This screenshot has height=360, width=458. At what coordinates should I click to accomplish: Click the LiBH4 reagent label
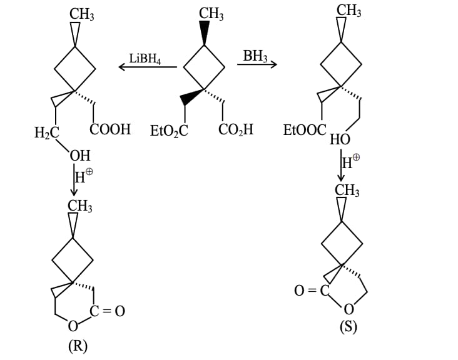click(145, 59)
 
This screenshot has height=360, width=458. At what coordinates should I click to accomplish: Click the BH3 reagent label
click(255, 56)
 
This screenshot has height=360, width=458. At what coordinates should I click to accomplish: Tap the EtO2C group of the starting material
click(169, 131)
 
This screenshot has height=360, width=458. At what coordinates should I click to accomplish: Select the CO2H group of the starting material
click(236, 129)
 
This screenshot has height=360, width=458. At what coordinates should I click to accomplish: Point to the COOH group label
click(110, 129)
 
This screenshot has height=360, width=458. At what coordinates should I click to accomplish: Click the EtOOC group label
click(305, 130)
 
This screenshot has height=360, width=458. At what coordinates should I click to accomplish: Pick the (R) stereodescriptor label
click(78, 346)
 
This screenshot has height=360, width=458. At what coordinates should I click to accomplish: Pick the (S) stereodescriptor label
click(348, 327)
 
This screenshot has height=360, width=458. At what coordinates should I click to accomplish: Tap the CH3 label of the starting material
click(211, 14)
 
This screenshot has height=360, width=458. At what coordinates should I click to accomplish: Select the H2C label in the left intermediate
click(47, 132)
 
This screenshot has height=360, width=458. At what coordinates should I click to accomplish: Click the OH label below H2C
click(79, 156)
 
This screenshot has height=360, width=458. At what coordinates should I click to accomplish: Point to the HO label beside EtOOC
click(340, 139)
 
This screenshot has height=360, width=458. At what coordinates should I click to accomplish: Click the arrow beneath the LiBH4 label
click(148, 67)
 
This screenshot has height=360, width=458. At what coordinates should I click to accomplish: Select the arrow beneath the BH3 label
click(257, 64)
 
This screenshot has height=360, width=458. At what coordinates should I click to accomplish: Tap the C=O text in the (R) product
click(107, 311)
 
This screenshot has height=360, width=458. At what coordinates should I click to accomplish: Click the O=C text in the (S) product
click(312, 291)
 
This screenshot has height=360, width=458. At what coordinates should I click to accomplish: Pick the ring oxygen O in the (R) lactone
click(73, 326)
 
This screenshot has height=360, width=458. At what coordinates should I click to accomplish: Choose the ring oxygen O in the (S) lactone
click(349, 309)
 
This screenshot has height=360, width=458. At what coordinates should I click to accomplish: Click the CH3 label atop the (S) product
click(347, 191)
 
